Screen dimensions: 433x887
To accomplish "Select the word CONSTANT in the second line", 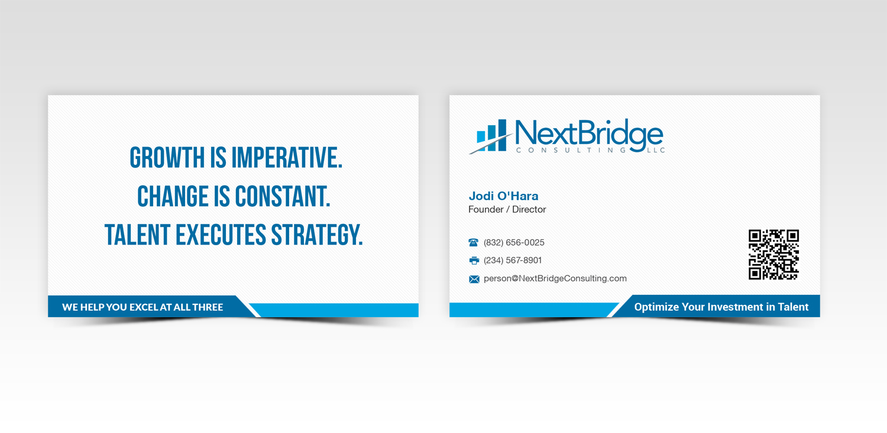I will [283, 197].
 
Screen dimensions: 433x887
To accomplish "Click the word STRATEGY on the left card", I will [317, 235].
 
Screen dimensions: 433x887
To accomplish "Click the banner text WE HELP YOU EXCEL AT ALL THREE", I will [143, 307].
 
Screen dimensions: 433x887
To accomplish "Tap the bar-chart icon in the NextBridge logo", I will [491, 136].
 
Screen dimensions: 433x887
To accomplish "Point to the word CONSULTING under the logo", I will [571, 151].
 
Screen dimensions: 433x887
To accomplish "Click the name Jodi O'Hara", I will [503, 196].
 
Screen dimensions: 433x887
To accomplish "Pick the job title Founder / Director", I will [507, 210].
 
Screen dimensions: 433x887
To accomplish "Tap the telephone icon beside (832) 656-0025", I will [473, 243].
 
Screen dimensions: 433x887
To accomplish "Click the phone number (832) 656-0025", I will [514, 243].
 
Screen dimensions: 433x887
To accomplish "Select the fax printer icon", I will [474, 261].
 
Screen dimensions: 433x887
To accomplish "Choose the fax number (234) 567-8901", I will [513, 261].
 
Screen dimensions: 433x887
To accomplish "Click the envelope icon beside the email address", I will [474, 279].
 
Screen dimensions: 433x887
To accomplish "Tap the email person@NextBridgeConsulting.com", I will [555, 279].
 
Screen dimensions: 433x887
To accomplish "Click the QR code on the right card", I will [773, 255].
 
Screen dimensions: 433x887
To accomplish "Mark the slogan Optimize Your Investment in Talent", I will [721, 307].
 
